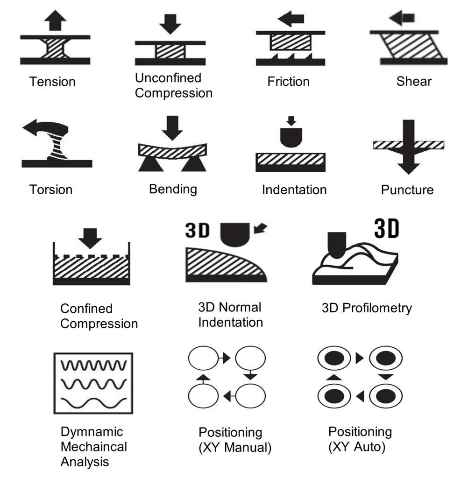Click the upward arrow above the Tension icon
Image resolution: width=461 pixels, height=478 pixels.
pyautogui.click(x=55, y=20)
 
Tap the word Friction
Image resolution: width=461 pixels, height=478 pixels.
pyautogui.click(x=288, y=82)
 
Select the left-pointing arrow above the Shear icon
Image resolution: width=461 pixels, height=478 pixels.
pyautogui.click(x=402, y=18)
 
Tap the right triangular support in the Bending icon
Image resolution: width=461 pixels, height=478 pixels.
pyautogui.click(x=194, y=164)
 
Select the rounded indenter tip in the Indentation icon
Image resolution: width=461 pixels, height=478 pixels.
pyautogui.click(x=291, y=137)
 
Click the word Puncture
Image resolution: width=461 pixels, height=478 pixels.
pyautogui.click(x=407, y=190)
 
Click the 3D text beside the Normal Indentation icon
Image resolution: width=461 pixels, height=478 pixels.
pyautogui.click(x=198, y=231)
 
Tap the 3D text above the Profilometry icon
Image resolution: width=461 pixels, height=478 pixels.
pyautogui.click(x=387, y=228)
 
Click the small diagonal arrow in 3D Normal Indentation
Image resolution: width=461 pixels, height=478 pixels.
pyautogui.click(x=260, y=228)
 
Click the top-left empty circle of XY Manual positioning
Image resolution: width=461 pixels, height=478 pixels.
pyautogui.click(x=204, y=358)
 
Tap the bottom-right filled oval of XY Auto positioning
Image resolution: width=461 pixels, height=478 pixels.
pyautogui.click(x=386, y=396)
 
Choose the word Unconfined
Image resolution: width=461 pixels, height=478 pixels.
pyautogui.click(x=168, y=78)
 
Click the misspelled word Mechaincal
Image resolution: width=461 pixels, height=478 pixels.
pyautogui.click(x=94, y=447)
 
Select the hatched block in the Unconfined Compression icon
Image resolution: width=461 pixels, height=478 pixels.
pyautogui.click(x=170, y=51)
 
